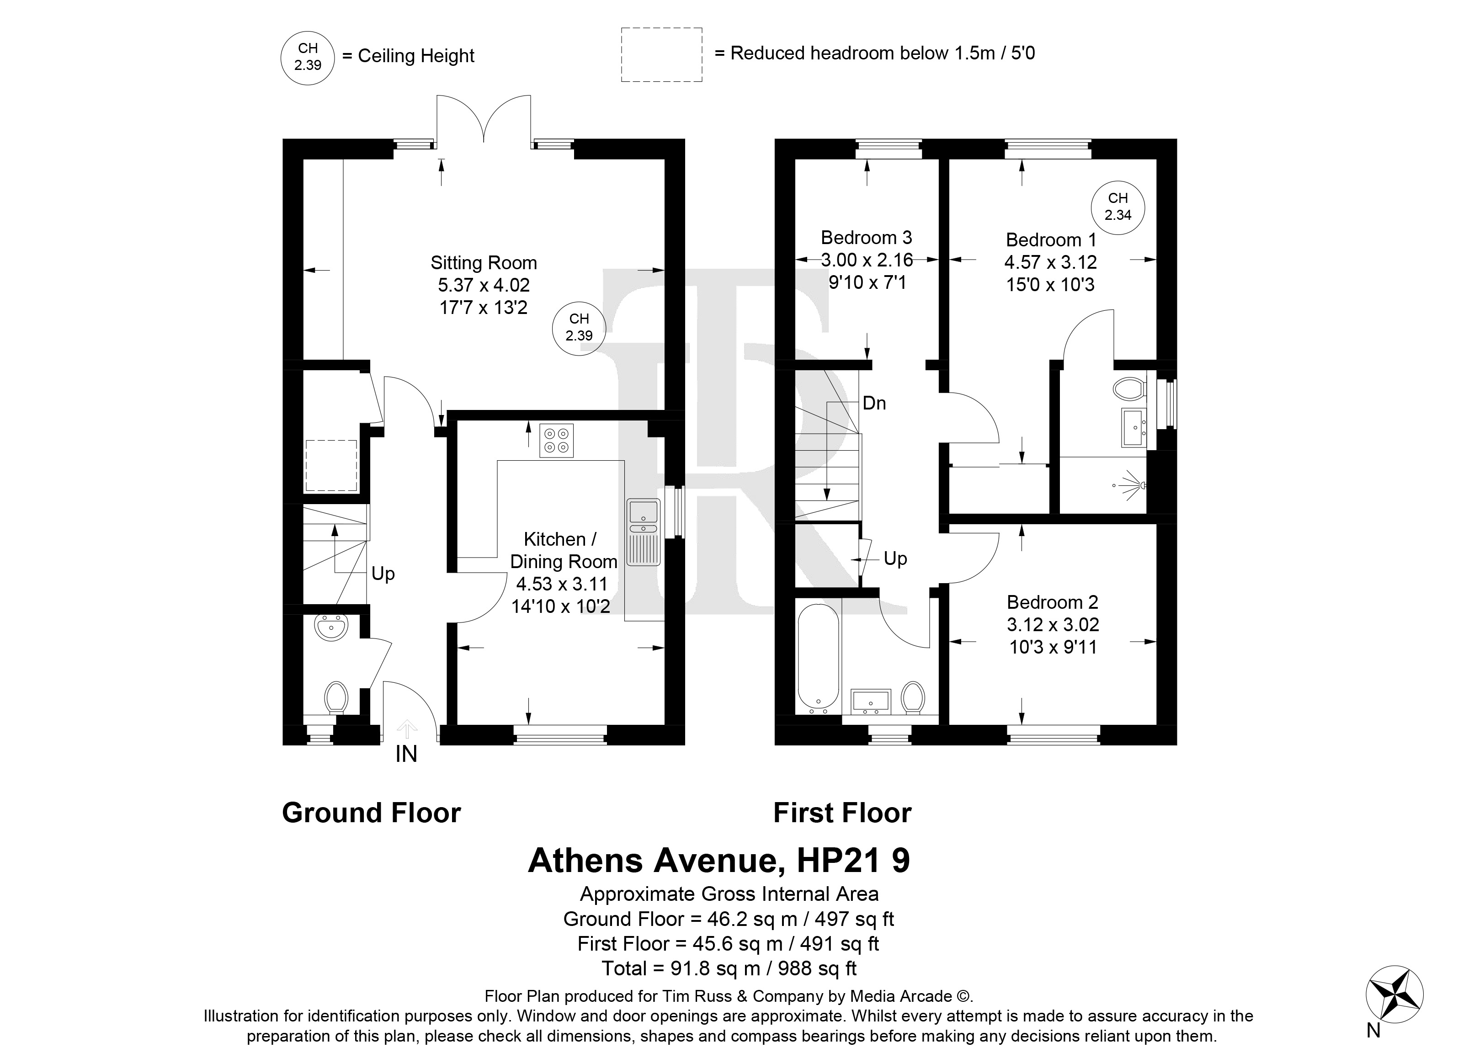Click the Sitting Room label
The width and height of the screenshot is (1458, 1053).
484,263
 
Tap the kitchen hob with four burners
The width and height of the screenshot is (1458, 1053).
557,441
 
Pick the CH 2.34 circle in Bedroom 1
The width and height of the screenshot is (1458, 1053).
1118,207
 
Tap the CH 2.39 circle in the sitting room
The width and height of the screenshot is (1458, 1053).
579,327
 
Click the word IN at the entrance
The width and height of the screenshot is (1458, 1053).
406,754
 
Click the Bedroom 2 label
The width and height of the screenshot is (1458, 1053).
1052,602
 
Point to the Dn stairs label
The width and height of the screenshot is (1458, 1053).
874,403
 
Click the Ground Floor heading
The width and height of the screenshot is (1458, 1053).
372,813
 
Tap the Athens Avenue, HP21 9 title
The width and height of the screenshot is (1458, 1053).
718,860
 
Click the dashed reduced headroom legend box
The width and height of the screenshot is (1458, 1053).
661,55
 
